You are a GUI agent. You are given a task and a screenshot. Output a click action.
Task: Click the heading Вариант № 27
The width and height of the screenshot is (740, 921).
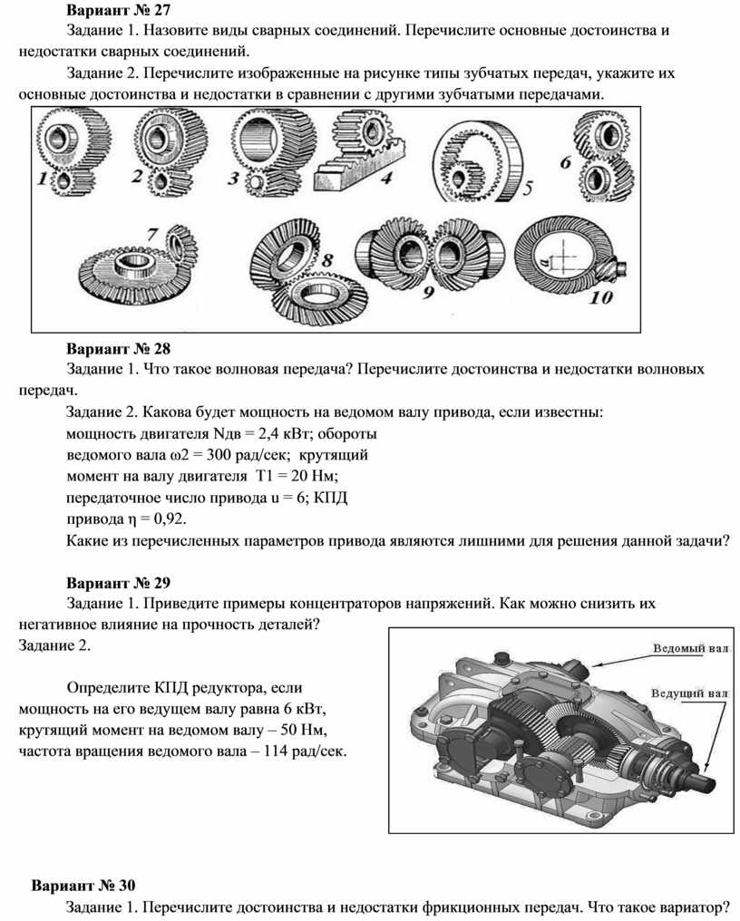click(118, 10)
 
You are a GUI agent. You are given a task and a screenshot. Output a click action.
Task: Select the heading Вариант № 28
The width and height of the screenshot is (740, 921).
click(118, 349)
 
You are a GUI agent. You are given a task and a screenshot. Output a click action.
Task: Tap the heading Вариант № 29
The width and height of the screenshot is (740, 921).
click(118, 583)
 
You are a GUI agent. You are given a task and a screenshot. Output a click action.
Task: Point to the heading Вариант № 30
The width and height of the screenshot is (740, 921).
click(83, 885)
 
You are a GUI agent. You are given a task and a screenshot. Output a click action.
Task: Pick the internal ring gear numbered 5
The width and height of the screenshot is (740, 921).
click(477, 162)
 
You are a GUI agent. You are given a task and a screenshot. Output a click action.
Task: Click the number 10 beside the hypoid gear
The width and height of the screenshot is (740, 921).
click(600, 298)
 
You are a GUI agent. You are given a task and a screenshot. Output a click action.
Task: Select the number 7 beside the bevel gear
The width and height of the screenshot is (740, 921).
click(153, 235)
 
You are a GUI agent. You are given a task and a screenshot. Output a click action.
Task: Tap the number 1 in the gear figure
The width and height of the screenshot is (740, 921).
click(43, 178)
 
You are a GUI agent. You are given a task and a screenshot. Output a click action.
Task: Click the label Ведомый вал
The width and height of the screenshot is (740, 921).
click(691, 648)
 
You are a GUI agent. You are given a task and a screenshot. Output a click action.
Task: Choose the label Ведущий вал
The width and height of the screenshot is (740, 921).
click(689, 693)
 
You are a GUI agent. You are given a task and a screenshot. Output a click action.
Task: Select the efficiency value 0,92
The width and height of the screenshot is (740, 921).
click(170, 519)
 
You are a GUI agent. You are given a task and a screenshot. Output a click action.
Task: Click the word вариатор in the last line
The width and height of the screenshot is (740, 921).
click(696, 906)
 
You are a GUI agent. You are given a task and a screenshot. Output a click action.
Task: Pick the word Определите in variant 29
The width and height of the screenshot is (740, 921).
click(108, 688)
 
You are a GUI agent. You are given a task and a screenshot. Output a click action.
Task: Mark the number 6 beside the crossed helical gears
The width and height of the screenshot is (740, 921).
click(566, 162)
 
